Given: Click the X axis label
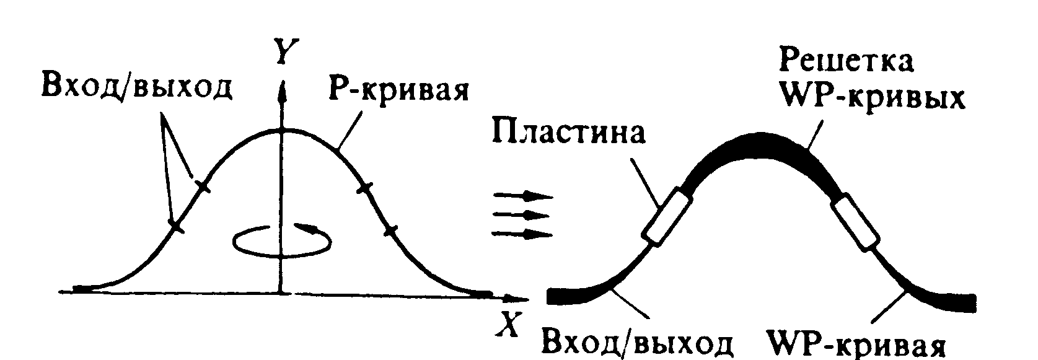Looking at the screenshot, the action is tap(508, 325).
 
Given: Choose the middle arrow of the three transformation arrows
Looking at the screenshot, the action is tap(521, 215).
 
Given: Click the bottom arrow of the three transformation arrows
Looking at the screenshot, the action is tap(522, 234).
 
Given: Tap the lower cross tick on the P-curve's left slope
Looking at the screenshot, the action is tap(176, 226).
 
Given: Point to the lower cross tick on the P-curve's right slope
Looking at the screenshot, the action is tap(390, 232).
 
